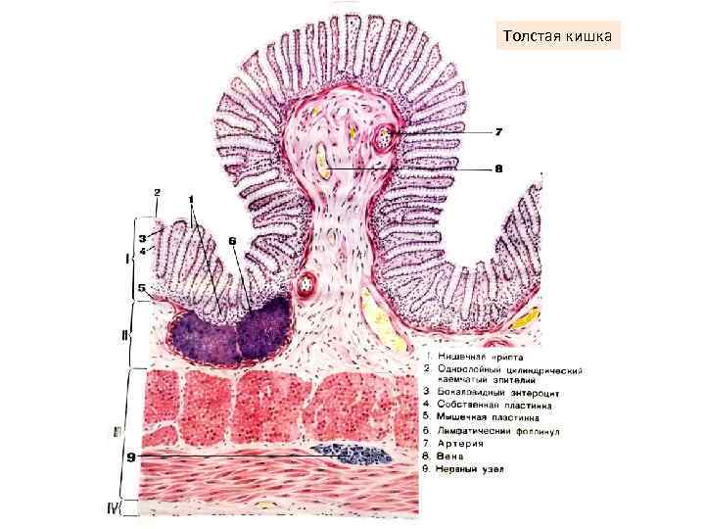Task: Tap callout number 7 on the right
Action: [498, 131]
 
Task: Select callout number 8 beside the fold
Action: [498, 168]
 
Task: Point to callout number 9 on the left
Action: [130, 456]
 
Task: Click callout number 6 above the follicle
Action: [232, 240]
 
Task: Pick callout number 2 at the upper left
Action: [157, 191]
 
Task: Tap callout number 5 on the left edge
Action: [142, 288]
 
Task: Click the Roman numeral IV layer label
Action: [136, 510]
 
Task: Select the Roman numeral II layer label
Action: [125, 335]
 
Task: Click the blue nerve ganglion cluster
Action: [351, 453]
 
